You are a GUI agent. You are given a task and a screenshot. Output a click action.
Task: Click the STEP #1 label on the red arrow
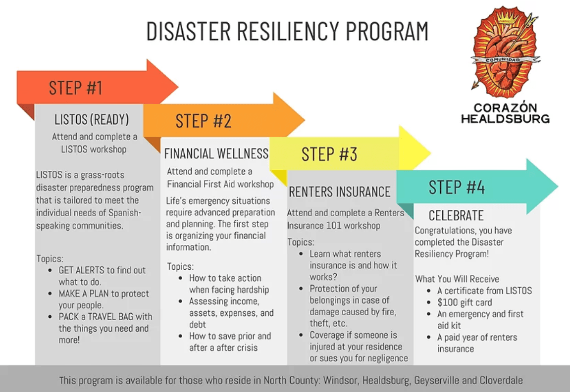tap(76, 88)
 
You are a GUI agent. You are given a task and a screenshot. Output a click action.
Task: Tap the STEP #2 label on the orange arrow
tap(204, 121)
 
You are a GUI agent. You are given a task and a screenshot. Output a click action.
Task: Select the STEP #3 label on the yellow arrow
tap(329, 154)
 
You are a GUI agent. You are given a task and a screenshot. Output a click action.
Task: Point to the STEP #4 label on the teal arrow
tap(457, 187)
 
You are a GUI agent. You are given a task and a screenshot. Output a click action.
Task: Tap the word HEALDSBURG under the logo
tap(505, 119)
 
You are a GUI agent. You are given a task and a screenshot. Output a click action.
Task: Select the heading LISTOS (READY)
tap(92, 120)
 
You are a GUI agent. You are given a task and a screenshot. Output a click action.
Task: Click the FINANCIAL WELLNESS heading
tap(216, 153)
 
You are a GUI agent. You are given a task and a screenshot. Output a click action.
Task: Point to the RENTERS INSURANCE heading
tap(340, 192)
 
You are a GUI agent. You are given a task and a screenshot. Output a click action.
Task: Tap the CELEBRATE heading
tap(456, 215)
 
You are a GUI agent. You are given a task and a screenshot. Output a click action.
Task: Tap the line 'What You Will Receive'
tap(457, 279)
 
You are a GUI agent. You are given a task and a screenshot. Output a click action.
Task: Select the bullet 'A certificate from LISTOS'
tap(484, 291)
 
